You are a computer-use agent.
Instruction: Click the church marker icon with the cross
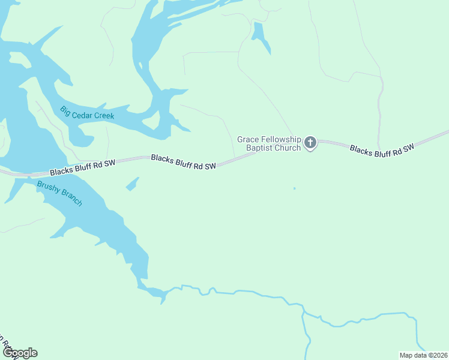coord(310,143)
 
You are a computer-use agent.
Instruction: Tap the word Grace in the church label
coord(249,139)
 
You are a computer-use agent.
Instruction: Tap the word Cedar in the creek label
coord(83,113)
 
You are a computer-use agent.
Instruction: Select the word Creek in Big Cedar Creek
coord(104,115)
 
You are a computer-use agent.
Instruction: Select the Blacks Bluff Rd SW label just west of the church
coord(183,161)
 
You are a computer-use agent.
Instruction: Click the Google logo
coord(19,353)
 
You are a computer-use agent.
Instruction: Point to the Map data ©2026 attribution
coord(423,355)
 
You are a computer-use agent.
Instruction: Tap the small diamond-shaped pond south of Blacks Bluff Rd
coord(132,184)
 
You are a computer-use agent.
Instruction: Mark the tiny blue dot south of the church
coord(294,188)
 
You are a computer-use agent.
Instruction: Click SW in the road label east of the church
coord(408,147)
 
